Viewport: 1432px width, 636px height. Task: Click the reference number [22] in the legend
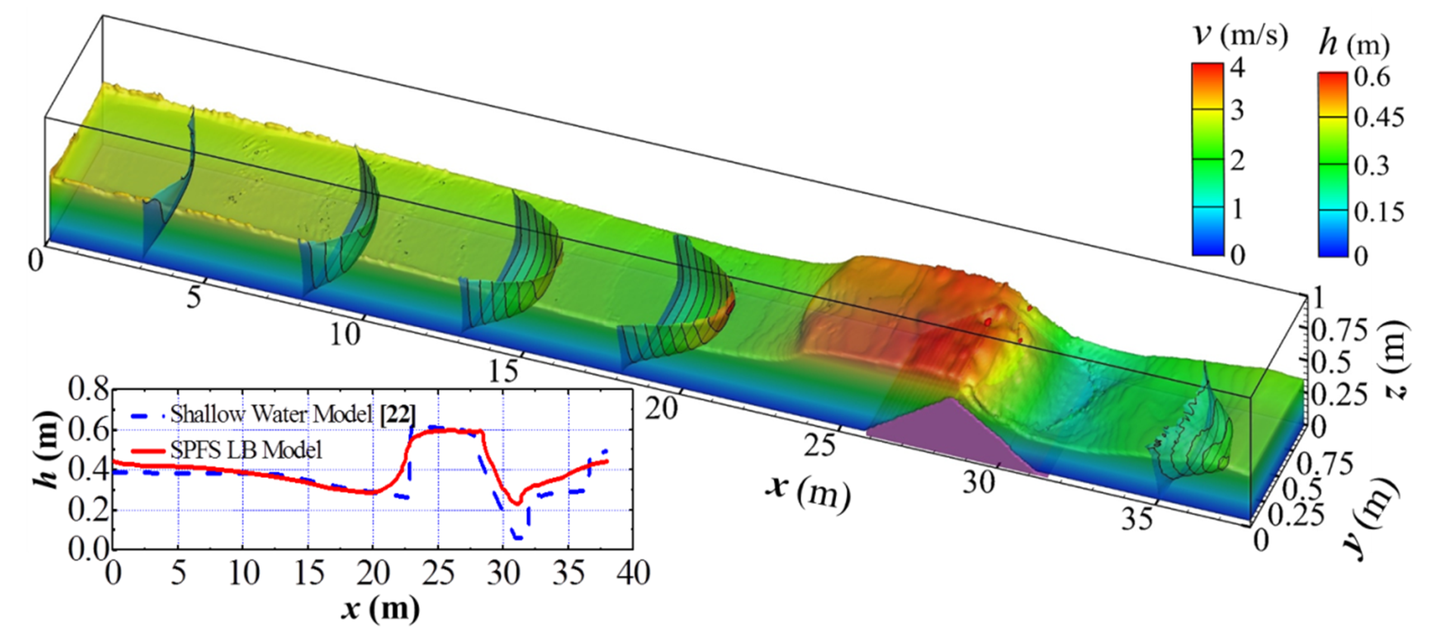pos(398,414)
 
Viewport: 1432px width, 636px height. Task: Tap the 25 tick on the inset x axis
pos(438,573)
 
